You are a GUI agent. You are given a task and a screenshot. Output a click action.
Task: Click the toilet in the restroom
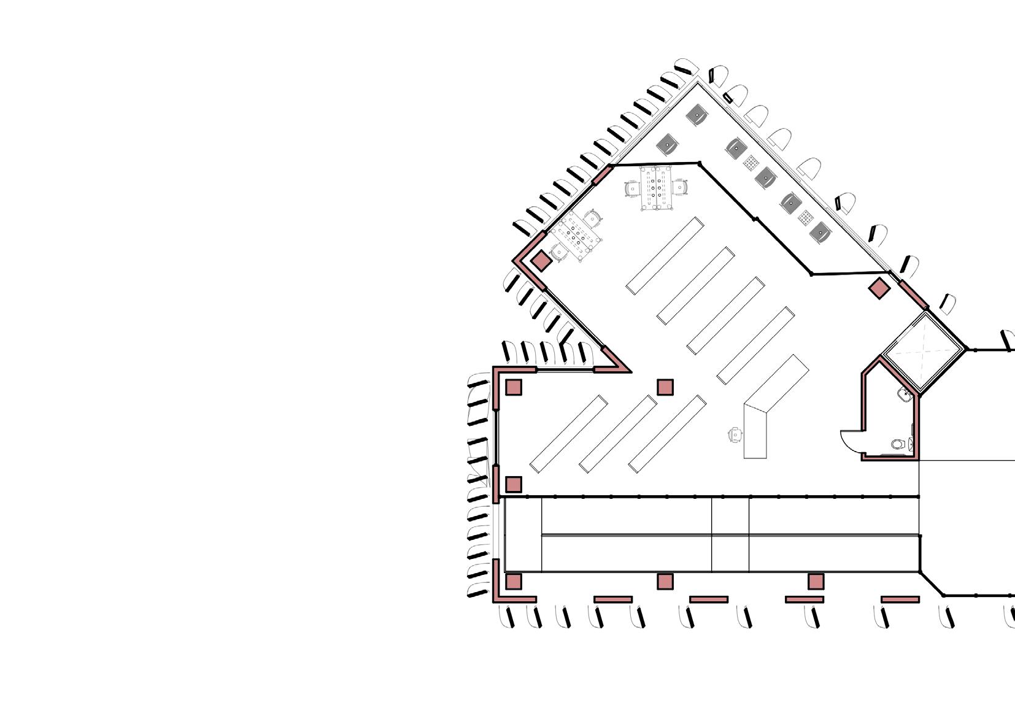898,444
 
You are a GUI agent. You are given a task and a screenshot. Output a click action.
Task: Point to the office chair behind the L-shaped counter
735,434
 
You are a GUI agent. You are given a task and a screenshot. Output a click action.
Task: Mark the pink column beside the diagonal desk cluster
541,261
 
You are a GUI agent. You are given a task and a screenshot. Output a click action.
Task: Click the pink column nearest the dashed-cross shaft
879,288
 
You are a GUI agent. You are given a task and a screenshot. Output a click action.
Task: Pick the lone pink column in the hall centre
665,387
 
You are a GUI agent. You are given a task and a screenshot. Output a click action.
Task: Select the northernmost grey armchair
698,114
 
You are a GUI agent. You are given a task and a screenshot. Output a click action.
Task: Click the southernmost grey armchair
820,233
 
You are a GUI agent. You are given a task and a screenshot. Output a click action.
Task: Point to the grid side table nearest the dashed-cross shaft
806,217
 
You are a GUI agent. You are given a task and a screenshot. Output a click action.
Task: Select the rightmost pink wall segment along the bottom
900,599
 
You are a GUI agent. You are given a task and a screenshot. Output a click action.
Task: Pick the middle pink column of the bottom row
665,581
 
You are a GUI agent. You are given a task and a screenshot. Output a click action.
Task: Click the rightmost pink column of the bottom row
816,581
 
